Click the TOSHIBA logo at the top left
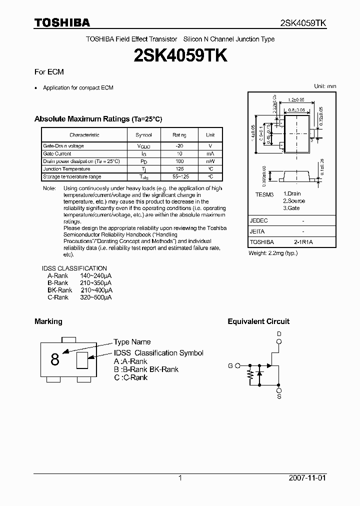62,22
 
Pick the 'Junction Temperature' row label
66,169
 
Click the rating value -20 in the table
179,146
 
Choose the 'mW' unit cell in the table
210,161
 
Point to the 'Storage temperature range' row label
72,176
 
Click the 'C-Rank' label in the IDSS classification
58,297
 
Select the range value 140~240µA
96,275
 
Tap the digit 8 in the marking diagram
55,359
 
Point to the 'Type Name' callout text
132,342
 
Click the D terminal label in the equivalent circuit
279,333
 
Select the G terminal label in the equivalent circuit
230,365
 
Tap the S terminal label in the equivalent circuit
279,396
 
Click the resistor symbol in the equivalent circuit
250,376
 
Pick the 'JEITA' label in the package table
257,231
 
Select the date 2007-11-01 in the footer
307,478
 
